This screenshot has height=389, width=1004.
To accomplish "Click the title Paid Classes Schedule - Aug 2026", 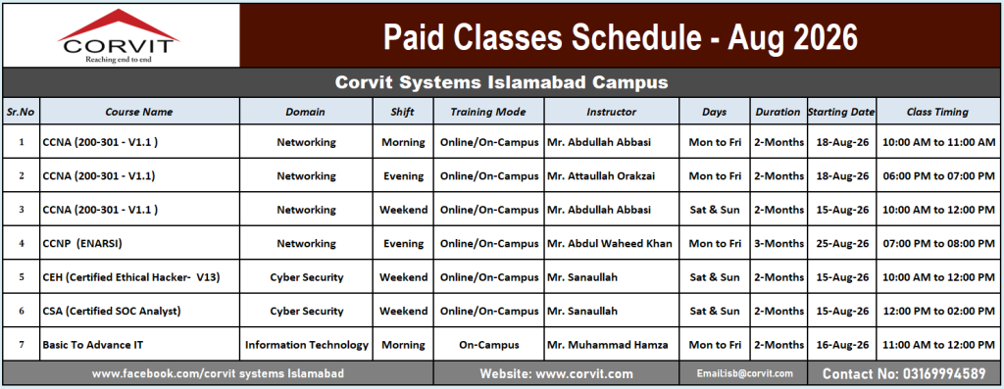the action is [x=620, y=37].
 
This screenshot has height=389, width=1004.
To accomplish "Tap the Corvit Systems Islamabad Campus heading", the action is [x=501, y=82].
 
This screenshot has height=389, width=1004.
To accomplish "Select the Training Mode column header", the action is [x=488, y=112].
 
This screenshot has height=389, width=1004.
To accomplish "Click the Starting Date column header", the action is [x=840, y=112].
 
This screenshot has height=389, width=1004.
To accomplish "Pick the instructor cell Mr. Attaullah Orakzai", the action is [x=601, y=176].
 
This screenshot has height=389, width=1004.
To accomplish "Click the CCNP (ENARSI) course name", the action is [x=82, y=244].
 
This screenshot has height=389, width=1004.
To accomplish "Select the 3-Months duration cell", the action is [x=778, y=244].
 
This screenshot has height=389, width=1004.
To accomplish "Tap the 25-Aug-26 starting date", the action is [x=842, y=244].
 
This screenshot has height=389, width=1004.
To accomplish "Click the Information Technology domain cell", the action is [x=307, y=345].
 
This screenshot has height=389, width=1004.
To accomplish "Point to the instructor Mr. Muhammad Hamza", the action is [x=607, y=345].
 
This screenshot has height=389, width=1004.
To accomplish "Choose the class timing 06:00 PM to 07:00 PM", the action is [x=938, y=176].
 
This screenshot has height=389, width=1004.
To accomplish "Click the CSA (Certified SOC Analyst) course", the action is [x=112, y=312].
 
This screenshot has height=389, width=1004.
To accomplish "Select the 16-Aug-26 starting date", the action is [x=842, y=345].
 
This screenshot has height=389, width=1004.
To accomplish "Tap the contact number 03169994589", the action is [x=904, y=373].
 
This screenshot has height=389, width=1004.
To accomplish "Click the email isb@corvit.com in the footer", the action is [x=745, y=373].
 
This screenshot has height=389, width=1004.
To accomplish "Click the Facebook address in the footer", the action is [x=218, y=373].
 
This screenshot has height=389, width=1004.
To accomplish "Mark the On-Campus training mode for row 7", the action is [x=489, y=345].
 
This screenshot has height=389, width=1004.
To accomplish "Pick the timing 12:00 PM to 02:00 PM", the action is [x=938, y=312].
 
